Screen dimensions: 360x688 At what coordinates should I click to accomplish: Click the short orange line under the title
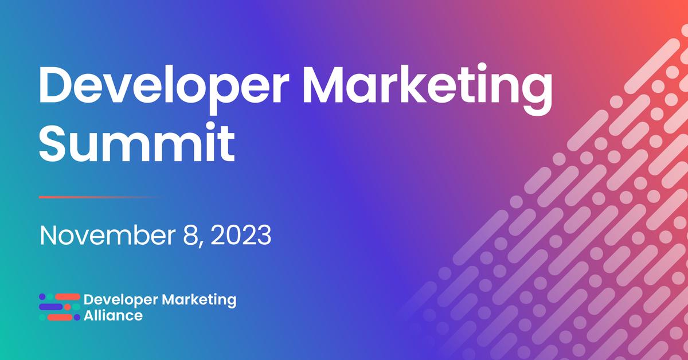[x=97, y=197]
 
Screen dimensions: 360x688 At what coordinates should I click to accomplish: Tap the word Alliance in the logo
[x=113, y=315]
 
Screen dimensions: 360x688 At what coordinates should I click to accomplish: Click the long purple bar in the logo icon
[x=51, y=307]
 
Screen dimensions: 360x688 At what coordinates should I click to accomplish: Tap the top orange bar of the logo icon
[x=68, y=297]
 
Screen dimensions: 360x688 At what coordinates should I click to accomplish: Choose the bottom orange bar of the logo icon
[x=59, y=318]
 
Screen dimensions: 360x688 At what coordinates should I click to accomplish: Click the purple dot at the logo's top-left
[x=42, y=297]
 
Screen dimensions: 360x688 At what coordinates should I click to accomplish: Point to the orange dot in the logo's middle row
[x=68, y=307]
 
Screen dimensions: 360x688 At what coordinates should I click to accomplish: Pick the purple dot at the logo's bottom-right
[x=77, y=318]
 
